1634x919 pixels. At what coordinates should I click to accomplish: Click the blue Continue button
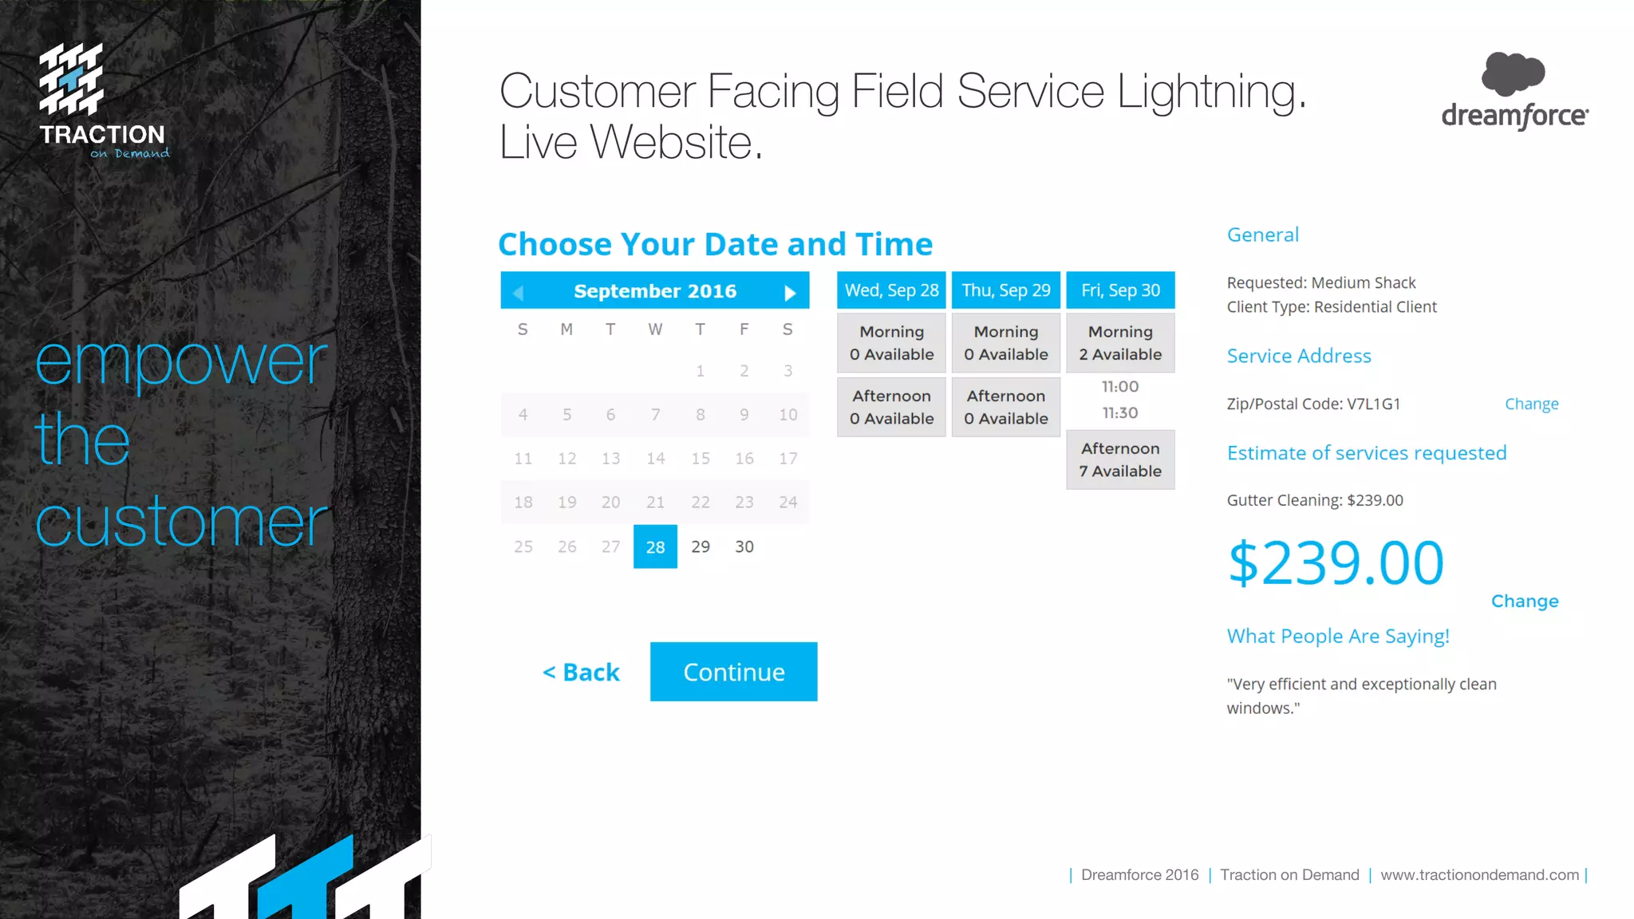point(733,672)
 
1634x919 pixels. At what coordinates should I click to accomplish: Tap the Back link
point(581,672)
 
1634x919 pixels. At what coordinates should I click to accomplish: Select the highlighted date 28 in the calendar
point(655,546)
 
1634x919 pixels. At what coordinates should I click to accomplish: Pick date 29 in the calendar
point(701,546)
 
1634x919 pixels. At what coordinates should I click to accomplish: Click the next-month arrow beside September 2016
point(790,293)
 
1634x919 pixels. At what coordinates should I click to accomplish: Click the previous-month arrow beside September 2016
point(519,293)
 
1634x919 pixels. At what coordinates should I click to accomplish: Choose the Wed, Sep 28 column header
point(891,290)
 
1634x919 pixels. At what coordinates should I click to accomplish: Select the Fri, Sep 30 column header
point(1120,290)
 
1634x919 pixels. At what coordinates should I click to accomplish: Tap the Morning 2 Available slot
point(1120,343)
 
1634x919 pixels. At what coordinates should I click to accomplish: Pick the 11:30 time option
point(1120,413)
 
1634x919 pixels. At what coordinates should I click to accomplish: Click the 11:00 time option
point(1120,387)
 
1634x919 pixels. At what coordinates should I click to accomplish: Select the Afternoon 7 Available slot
point(1120,460)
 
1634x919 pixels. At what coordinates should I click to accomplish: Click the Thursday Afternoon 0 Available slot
point(1005,407)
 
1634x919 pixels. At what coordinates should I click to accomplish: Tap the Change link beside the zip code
point(1531,404)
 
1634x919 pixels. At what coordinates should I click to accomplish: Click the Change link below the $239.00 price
point(1524,601)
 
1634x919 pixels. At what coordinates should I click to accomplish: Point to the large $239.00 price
point(1336,563)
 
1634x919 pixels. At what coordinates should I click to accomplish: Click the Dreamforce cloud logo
point(1513,73)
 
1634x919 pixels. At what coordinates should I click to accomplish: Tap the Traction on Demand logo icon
point(71,78)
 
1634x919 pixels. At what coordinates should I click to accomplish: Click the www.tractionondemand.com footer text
point(1479,875)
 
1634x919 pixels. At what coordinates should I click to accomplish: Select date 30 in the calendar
point(744,546)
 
